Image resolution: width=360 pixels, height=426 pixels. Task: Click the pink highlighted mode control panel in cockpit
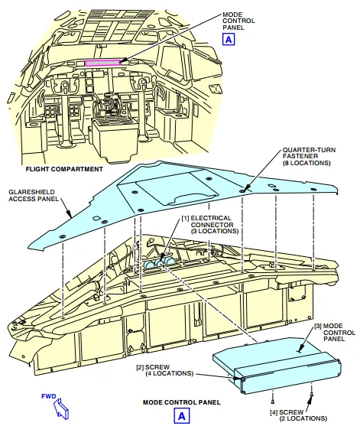102,63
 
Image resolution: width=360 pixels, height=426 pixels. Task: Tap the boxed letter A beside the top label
229,40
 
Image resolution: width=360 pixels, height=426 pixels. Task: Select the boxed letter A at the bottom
182,416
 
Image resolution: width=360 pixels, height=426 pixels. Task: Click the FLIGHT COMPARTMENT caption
64,169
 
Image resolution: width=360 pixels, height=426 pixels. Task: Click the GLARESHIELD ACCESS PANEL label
34,195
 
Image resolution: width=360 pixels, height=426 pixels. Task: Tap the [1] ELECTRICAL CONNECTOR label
210,225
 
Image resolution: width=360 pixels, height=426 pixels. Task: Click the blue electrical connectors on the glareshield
159,263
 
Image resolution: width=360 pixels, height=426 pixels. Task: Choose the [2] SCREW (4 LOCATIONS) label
165,370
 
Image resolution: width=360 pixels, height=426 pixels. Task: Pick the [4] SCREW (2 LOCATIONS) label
299,415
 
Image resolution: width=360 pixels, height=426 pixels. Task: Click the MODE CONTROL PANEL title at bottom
182,402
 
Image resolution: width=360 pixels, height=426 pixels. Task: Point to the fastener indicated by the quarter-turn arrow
242,191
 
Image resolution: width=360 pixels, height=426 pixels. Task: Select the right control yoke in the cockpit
142,82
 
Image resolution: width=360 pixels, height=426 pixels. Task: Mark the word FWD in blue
49,396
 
